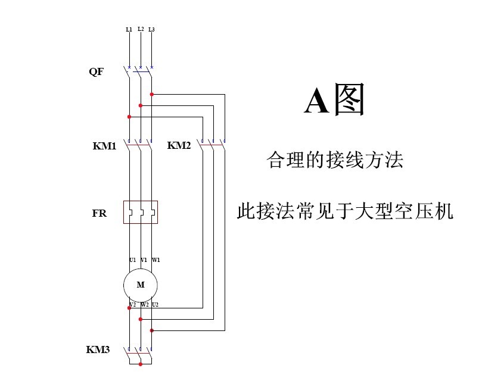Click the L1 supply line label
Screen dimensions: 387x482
tap(129, 29)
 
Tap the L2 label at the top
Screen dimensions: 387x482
tap(141, 29)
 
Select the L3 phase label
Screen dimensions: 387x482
tap(151, 29)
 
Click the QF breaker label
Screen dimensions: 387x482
tap(97, 72)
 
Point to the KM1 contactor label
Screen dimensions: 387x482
tap(104, 145)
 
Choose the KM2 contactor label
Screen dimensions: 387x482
tap(179, 145)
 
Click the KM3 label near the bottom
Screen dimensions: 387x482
tap(98, 349)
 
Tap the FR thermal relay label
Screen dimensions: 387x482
tap(99, 213)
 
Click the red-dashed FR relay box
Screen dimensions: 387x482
tap(141, 212)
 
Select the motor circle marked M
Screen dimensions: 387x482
tap(141, 285)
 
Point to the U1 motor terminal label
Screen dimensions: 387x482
tap(132, 260)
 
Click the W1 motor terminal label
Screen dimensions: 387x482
tap(156, 260)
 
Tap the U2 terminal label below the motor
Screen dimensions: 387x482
tap(156, 305)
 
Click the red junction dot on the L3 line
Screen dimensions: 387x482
tap(152, 94)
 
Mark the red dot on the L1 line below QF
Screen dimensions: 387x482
tap(129, 117)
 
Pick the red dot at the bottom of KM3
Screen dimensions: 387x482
tap(141, 364)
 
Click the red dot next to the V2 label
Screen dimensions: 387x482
tap(129, 308)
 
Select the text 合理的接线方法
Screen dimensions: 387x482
tap(335, 160)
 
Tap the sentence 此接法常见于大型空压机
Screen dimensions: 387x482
tap(346, 211)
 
